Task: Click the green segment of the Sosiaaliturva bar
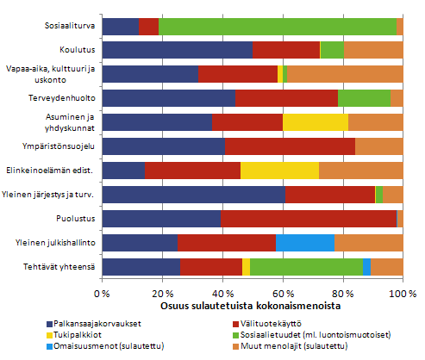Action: (x=277, y=27)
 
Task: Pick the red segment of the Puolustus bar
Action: (x=308, y=219)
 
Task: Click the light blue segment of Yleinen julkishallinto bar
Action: (x=304, y=243)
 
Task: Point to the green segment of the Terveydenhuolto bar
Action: (x=364, y=98)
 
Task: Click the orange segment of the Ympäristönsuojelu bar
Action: (x=378, y=146)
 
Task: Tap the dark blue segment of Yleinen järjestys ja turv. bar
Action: (x=193, y=195)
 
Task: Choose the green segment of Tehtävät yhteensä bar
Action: (x=306, y=267)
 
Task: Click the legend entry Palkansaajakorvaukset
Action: (x=90, y=324)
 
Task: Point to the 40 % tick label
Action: (x=222, y=294)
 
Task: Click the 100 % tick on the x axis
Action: (x=402, y=294)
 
